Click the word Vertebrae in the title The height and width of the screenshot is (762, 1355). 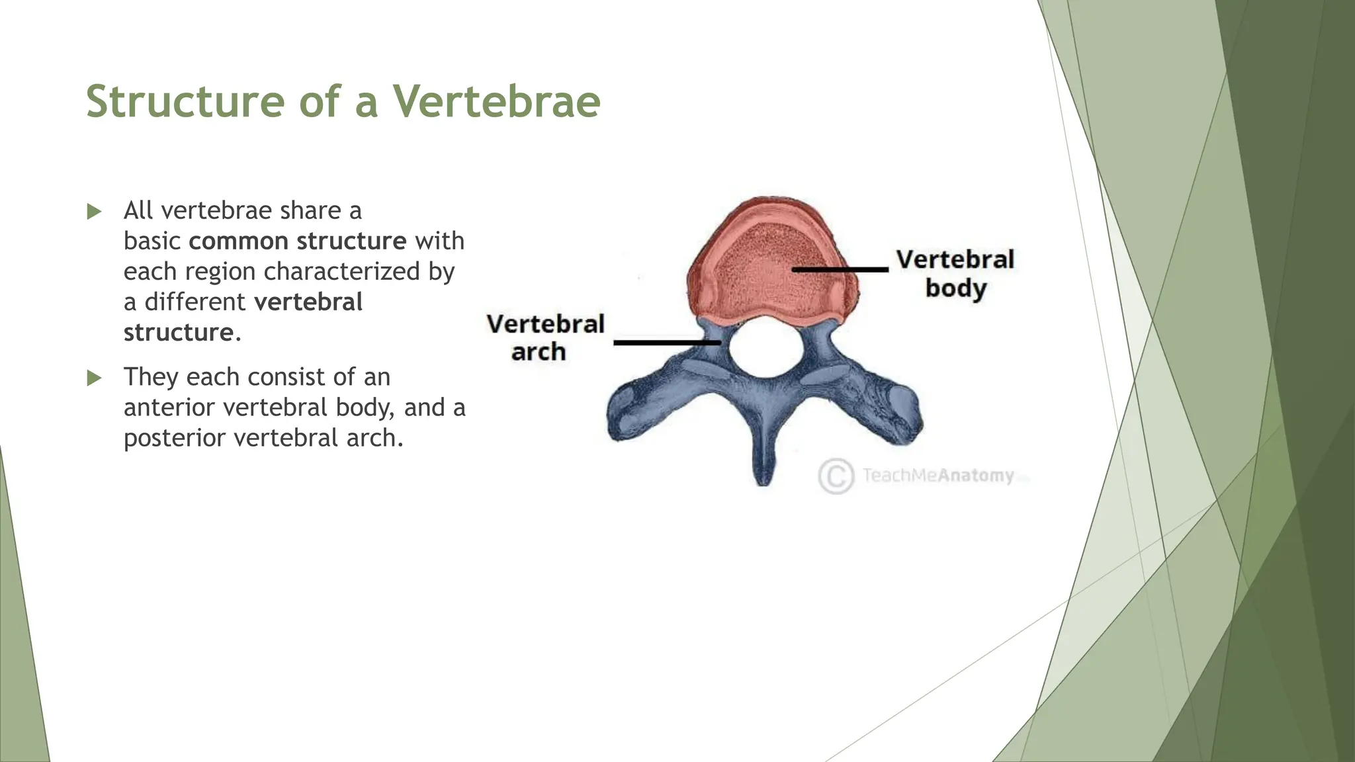[497, 102]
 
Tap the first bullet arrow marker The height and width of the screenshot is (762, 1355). [95, 212]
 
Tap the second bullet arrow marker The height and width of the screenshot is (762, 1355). [95, 378]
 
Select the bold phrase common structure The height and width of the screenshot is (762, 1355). [297, 241]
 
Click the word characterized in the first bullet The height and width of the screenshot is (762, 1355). [341, 272]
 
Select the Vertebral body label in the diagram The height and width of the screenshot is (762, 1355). [955, 273]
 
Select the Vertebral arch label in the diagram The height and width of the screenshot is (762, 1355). [545, 337]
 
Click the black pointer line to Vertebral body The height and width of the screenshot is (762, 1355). [840, 269]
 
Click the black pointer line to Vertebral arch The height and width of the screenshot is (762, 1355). [667, 343]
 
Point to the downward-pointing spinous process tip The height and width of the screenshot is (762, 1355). [764, 473]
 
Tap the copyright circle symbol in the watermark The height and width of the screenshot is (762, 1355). [836, 476]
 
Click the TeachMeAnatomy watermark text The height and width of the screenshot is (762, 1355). [938, 476]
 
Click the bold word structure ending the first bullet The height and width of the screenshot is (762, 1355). [179, 333]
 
